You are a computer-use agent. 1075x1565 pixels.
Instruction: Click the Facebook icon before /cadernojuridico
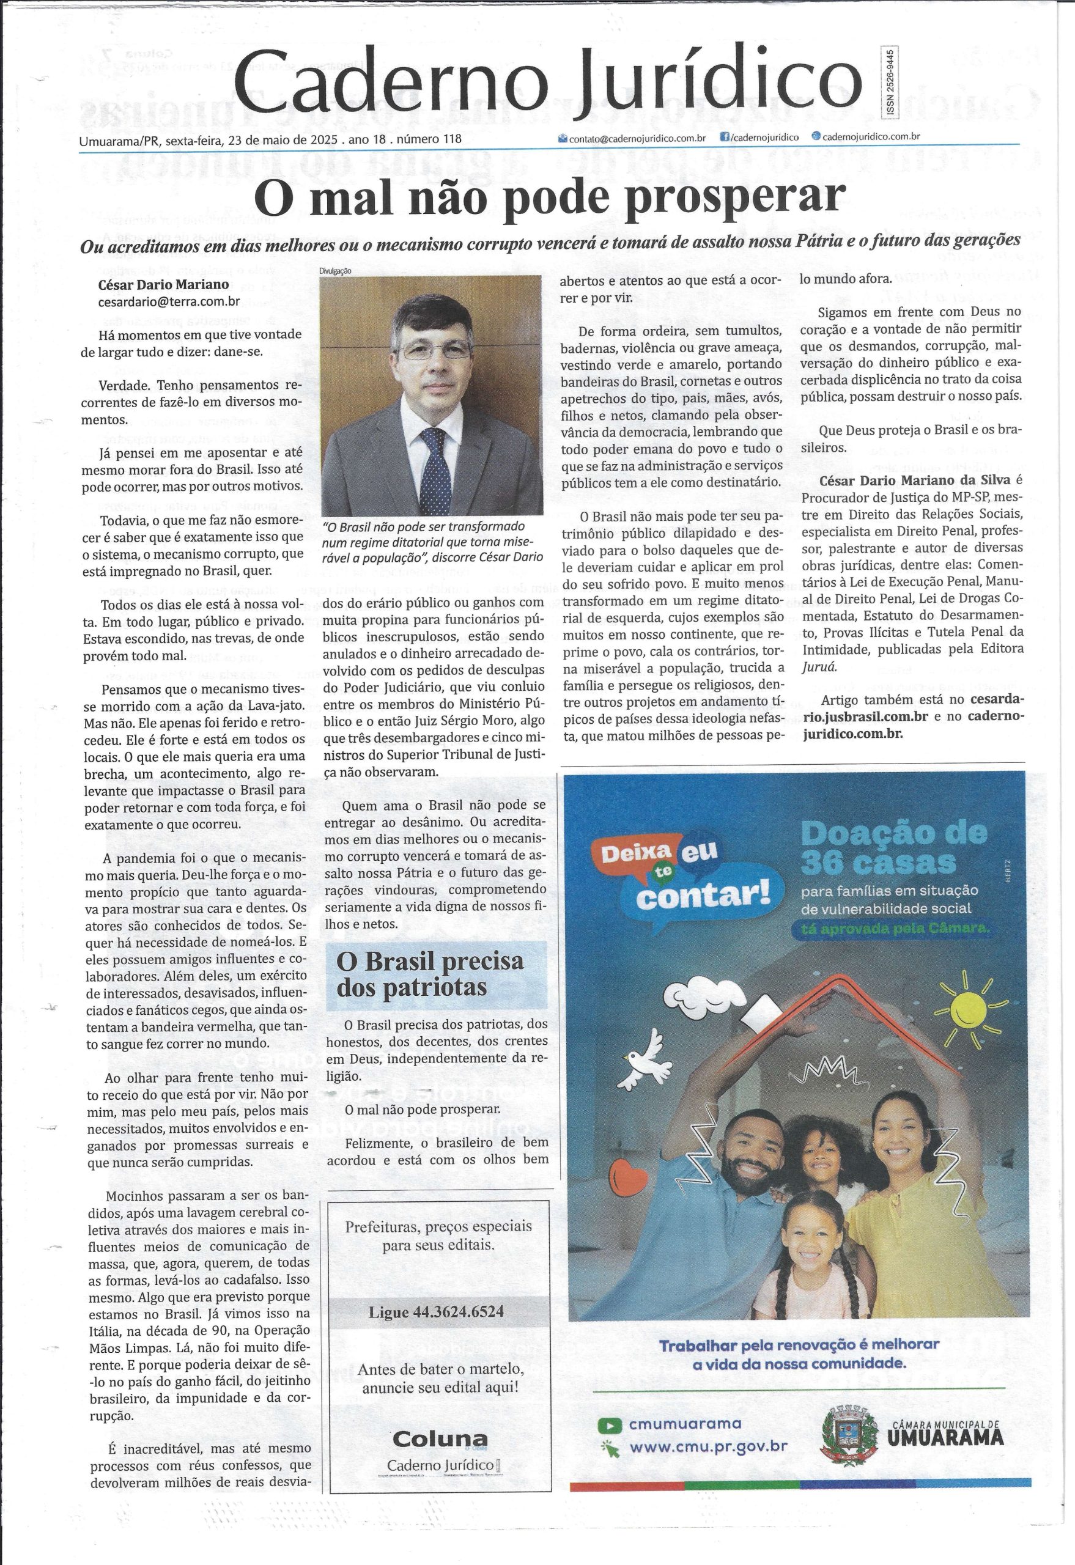725,137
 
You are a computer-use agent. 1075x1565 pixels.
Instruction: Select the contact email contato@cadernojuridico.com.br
637,138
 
